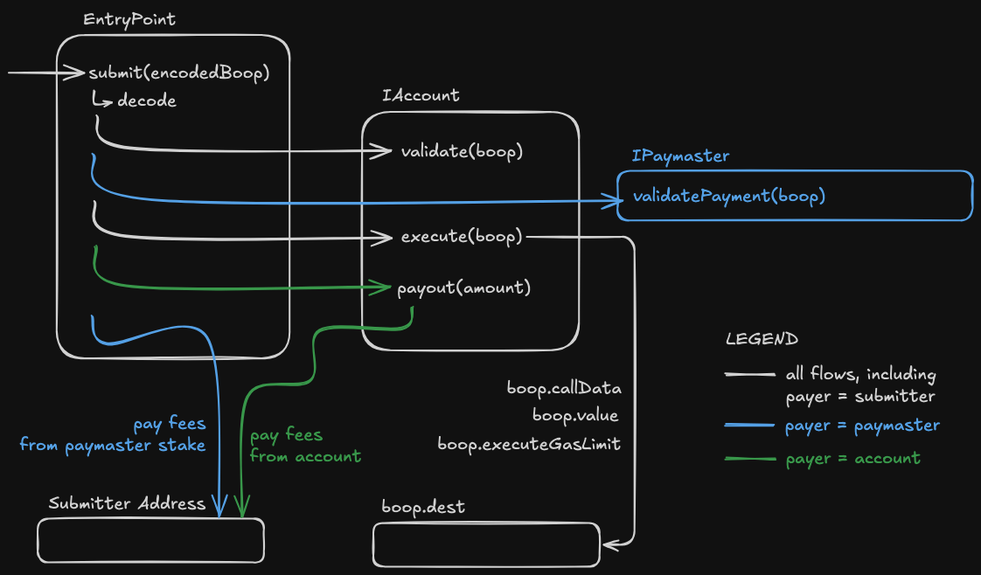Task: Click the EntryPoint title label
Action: pos(129,19)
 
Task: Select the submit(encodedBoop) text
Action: pos(177,73)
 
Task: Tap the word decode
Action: pos(146,100)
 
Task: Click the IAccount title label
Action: pos(421,95)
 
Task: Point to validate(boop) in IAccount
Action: pos(462,151)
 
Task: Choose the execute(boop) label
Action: pos(462,237)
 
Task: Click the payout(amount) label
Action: pos(463,287)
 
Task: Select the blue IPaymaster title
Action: pos(680,156)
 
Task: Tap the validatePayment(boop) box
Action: pos(795,195)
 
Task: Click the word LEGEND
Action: pos(762,339)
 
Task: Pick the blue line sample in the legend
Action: pos(749,426)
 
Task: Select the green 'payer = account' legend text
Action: pos(852,458)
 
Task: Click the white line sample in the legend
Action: pos(749,375)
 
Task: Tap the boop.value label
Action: pos(574,416)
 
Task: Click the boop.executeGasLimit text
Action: pos(529,444)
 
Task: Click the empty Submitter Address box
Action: pos(150,540)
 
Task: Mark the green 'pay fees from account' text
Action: pos(305,446)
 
